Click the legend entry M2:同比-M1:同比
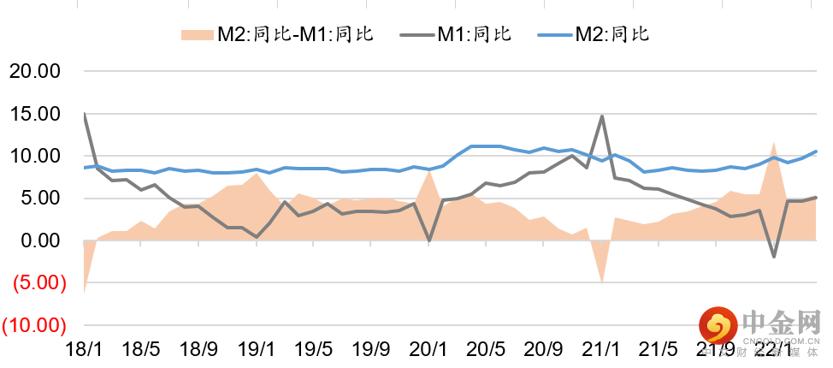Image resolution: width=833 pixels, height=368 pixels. (278, 34)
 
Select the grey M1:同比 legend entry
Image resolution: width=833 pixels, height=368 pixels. (463, 34)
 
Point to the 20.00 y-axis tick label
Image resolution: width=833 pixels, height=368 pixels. (34, 71)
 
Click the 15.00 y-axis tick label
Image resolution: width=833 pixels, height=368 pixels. (34, 114)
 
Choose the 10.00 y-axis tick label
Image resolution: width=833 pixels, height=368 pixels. (34, 156)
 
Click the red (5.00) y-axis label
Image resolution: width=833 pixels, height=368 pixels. (34, 283)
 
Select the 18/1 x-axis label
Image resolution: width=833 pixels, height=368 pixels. (84, 350)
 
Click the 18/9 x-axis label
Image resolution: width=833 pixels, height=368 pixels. (198, 350)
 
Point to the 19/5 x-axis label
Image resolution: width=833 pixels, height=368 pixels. (313, 350)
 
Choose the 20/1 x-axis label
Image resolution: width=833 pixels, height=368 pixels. (428, 350)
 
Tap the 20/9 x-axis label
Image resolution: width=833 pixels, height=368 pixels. (543, 350)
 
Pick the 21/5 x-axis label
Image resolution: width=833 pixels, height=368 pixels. (659, 350)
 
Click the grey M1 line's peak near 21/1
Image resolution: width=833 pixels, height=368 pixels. (601, 116)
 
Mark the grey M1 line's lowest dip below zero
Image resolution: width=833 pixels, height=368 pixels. (774, 256)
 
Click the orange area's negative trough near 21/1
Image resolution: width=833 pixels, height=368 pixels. (601, 282)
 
